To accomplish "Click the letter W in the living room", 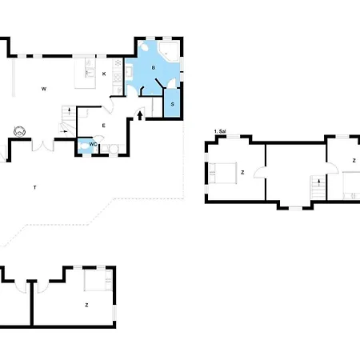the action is click(44, 89).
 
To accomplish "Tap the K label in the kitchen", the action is click(104, 74).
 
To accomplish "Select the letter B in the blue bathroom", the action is click(154, 68).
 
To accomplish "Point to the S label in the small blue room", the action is click(172, 104).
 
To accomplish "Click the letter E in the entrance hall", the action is click(104, 126).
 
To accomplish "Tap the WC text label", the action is click(93, 144).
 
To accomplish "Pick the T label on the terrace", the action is click(34, 187).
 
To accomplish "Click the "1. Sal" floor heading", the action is click(220, 131).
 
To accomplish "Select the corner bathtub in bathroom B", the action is click(168, 51).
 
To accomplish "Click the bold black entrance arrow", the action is click(140, 116).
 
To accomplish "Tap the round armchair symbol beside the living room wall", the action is click(20, 131).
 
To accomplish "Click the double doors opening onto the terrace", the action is click(42, 146).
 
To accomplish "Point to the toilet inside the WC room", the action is click(84, 146).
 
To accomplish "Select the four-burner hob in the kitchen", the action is click(118, 78).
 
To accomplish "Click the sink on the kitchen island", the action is click(90, 72).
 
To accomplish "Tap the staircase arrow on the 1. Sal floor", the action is click(318, 183).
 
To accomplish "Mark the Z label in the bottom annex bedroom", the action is click(86, 305).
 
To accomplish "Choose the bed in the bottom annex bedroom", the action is click(98, 280).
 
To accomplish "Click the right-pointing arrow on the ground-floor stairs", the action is click(64, 131).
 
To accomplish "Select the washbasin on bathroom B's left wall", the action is click(129, 72).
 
